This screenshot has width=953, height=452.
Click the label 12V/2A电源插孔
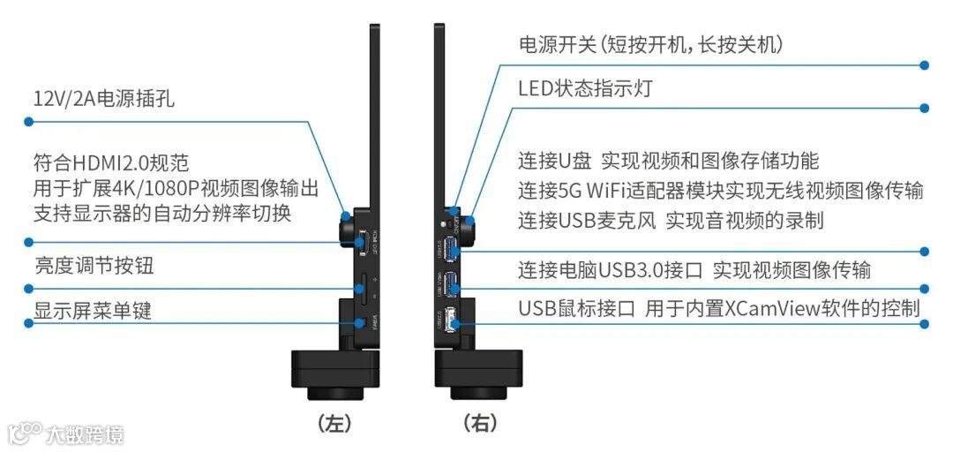tap(103, 99)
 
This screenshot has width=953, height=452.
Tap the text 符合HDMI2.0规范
tap(111, 162)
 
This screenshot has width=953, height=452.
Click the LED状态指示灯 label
tap(585, 88)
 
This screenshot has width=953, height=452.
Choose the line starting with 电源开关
tap(649, 44)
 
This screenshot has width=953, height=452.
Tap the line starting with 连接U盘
tap(668, 161)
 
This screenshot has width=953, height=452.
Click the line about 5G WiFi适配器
tap(720, 190)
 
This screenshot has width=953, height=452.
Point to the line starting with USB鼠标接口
tap(718, 308)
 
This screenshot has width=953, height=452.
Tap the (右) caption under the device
tap(479, 423)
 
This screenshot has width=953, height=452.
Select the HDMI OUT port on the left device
tap(364, 239)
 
